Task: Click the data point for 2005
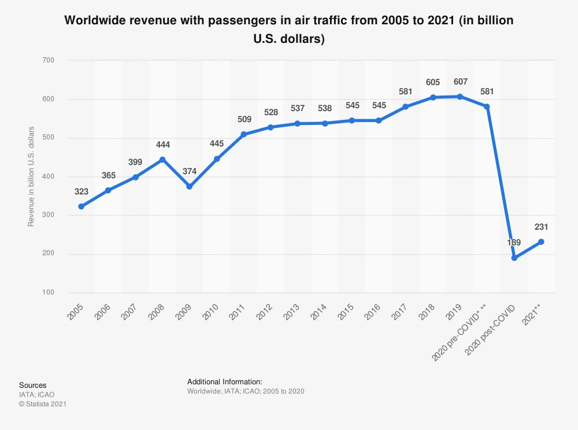pyautogui.click(x=81, y=207)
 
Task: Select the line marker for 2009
pyautogui.click(x=190, y=186)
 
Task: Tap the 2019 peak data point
pyautogui.click(x=460, y=97)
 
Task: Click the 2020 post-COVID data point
pyautogui.click(x=514, y=258)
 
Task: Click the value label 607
pyautogui.click(x=461, y=82)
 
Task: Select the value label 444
pyautogui.click(x=162, y=145)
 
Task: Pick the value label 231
pyautogui.click(x=541, y=227)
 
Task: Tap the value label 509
pyautogui.click(x=244, y=120)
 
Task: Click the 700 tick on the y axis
pyautogui.click(x=48, y=60)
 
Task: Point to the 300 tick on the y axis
pyautogui.click(x=48, y=215)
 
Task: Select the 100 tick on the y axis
pyautogui.click(x=48, y=293)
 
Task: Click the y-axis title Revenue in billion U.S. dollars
pyautogui.click(x=31, y=176)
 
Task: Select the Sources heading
pyautogui.click(x=32, y=385)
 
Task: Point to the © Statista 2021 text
pyautogui.click(x=43, y=404)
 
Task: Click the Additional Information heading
pyautogui.click(x=225, y=382)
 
